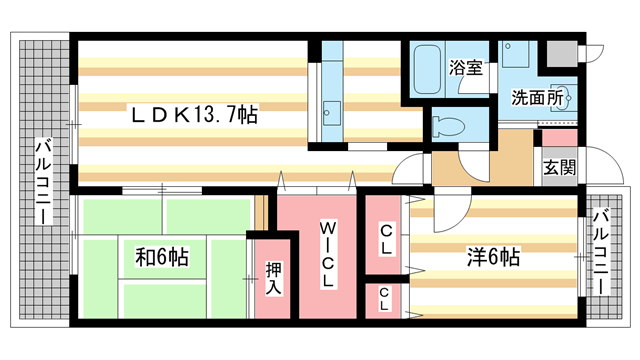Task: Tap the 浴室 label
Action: (465, 68)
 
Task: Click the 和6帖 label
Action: (162, 257)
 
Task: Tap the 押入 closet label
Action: (274, 277)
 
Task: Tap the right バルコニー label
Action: (601, 250)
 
